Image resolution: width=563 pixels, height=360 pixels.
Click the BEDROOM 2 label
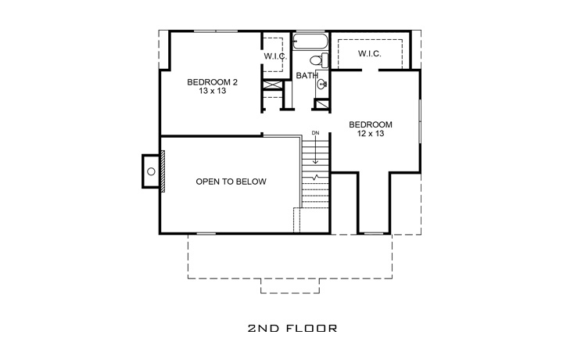click(213, 81)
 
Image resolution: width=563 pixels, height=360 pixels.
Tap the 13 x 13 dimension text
click(213, 92)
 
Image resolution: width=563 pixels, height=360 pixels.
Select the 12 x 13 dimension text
click(371, 135)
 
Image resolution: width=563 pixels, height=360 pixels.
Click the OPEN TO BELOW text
click(231, 182)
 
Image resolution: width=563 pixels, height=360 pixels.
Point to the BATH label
click(306, 75)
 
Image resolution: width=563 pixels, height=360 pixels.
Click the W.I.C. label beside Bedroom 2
click(274, 56)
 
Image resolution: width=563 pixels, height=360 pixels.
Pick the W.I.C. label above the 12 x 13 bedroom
click(370, 53)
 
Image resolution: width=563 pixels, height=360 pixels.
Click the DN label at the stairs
click(315, 133)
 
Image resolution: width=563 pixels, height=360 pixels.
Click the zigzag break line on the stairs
click(315, 178)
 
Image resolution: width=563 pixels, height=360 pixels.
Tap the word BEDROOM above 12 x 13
click(371, 124)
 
